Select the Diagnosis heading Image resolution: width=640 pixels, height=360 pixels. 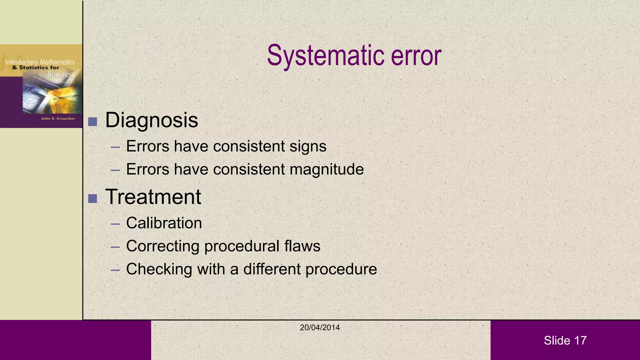tap(152, 120)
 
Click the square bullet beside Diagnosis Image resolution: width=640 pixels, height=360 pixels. tap(92, 122)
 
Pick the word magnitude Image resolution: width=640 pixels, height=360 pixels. tap(327, 170)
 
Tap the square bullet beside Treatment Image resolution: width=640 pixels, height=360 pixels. tap(92, 198)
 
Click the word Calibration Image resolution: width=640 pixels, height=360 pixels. tap(164, 223)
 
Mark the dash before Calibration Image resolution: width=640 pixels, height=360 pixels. tap(115, 224)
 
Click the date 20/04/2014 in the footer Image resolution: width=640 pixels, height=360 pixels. tap(320, 327)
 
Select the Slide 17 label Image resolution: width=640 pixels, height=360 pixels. tap(565, 340)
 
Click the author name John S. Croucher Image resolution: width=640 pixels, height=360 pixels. tap(58, 118)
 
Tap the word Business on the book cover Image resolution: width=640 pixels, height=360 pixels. tap(61, 74)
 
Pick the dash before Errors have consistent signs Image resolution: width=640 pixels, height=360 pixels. tap(115, 147)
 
